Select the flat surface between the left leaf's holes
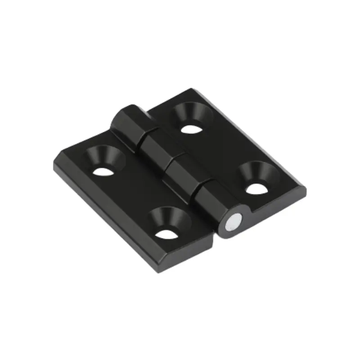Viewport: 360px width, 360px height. (135, 189)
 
